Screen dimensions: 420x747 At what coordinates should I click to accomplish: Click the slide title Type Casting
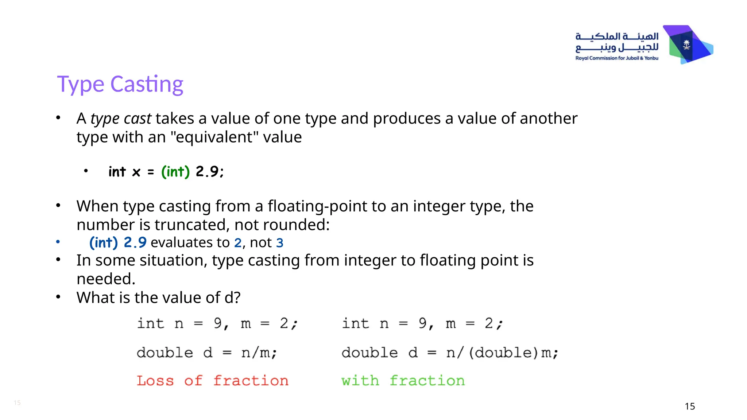tap(120, 84)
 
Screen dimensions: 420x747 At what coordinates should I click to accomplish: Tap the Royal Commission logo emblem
tap(687, 45)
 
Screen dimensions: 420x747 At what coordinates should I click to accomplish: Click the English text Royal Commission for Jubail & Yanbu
tap(617, 58)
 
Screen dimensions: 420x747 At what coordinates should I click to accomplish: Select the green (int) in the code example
tap(175, 171)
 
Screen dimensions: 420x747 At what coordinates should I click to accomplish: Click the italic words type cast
tap(121, 118)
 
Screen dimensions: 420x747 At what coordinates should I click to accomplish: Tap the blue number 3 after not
tap(280, 243)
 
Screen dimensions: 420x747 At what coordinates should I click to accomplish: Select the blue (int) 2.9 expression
tap(118, 242)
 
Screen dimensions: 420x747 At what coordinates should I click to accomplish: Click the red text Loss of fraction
tap(213, 381)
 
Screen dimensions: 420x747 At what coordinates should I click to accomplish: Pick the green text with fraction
tap(403, 381)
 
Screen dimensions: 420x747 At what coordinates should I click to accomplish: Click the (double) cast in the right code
tap(503, 353)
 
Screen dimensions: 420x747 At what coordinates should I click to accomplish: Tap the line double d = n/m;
tap(207, 353)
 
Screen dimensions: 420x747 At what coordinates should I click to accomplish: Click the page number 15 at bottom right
tap(690, 406)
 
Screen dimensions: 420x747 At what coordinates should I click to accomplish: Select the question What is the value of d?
tap(158, 297)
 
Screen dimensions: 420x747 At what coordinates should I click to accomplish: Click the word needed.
tap(106, 279)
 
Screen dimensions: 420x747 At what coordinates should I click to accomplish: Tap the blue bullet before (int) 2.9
tap(58, 242)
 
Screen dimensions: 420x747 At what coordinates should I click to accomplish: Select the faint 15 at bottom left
tap(17, 402)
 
